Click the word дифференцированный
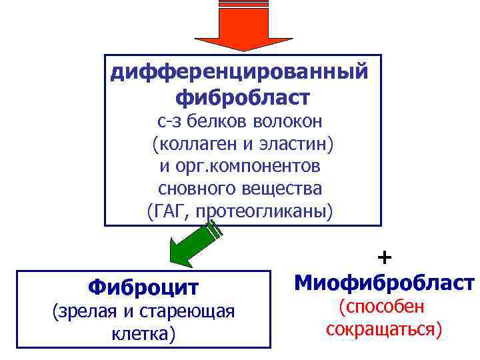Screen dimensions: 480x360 (x=239, y=71)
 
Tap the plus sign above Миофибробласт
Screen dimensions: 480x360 (x=384, y=257)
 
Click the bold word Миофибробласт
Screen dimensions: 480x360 (x=384, y=282)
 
